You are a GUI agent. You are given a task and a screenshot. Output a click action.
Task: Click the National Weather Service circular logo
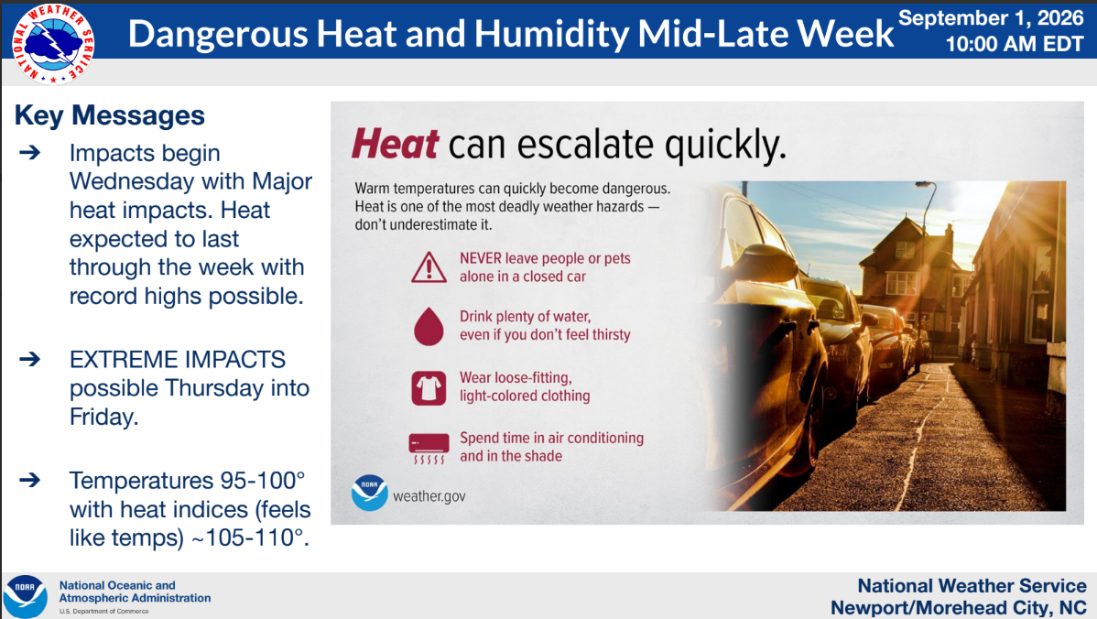tap(53, 43)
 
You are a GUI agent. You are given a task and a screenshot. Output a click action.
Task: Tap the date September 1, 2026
tap(991, 17)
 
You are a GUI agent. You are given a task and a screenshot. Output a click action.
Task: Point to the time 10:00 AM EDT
tap(1015, 44)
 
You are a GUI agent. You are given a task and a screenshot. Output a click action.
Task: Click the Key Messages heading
tap(110, 115)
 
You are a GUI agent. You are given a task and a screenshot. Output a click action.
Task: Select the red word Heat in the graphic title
tap(396, 144)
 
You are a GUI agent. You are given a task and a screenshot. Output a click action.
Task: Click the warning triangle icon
tap(429, 267)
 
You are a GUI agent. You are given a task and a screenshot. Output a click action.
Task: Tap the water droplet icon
tap(429, 326)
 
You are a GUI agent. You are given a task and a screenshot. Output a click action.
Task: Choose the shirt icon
tap(429, 387)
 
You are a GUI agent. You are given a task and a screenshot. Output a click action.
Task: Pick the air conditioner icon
tap(429, 449)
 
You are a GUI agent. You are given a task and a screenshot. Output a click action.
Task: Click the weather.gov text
tap(429, 496)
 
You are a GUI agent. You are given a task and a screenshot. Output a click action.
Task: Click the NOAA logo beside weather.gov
tap(369, 493)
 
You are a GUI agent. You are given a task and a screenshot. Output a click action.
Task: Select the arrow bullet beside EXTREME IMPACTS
tap(29, 360)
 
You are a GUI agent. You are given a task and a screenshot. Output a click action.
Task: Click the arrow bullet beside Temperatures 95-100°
tap(29, 480)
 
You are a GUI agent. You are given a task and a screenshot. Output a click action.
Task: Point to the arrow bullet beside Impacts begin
tap(29, 152)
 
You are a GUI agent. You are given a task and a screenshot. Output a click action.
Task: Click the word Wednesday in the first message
tap(132, 181)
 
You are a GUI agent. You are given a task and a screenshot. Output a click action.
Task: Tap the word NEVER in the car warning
tap(480, 258)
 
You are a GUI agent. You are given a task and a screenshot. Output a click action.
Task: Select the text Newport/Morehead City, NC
tap(959, 607)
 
